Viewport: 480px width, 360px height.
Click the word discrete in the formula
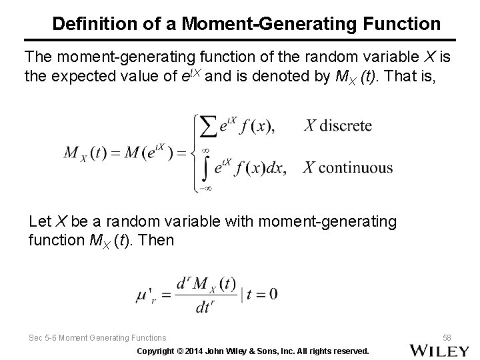[x=345, y=125]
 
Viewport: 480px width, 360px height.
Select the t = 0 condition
[x=262, y=293]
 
